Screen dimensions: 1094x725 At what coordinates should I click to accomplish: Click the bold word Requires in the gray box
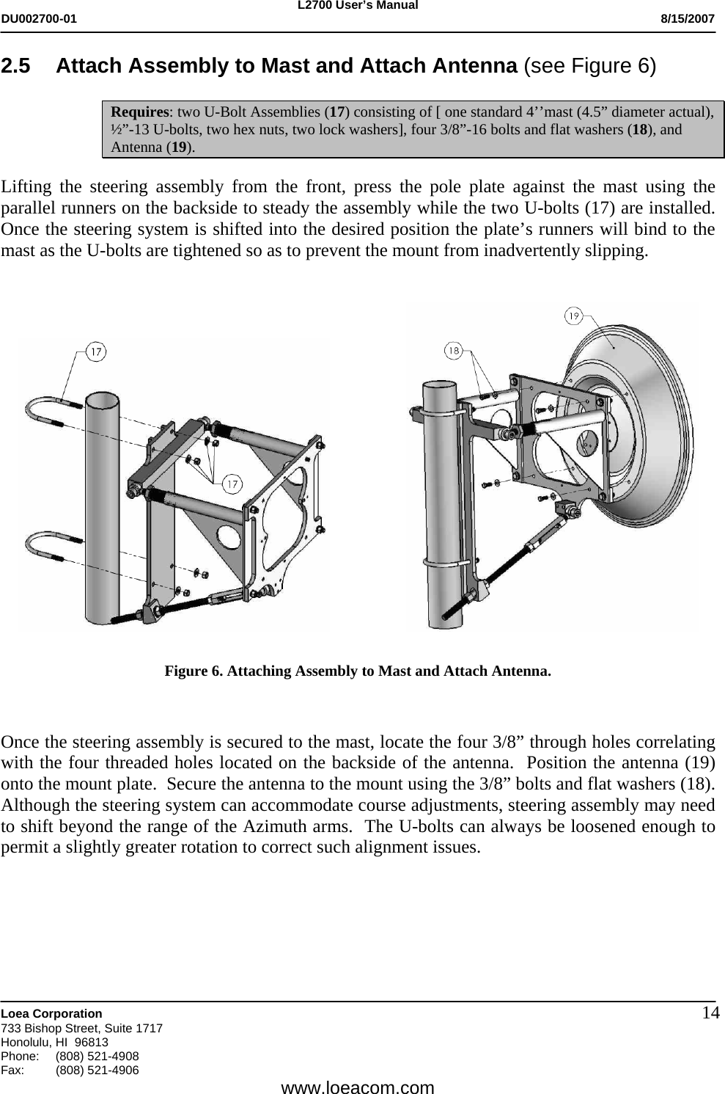click(x=139, y=112)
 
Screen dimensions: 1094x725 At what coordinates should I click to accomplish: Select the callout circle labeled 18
click(x=454, y=351)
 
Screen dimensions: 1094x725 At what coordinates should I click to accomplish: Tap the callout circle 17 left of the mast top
click(x=95, y=352)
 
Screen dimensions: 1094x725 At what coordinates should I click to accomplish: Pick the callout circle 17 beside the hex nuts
click(x=232, y=484)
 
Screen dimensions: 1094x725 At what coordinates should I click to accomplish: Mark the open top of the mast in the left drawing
click(x=102, y=401)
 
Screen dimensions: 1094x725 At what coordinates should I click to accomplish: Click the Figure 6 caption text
click(x=358, y=671)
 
